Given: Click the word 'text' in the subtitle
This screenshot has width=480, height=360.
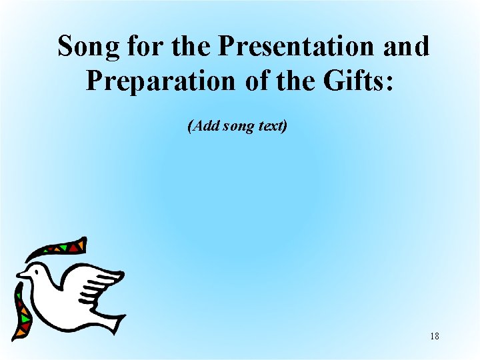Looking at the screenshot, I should (x=273, y=125).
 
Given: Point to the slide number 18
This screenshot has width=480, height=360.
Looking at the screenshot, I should (x=435, y=337).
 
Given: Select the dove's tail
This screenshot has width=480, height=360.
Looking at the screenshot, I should (x=110, y=319).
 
